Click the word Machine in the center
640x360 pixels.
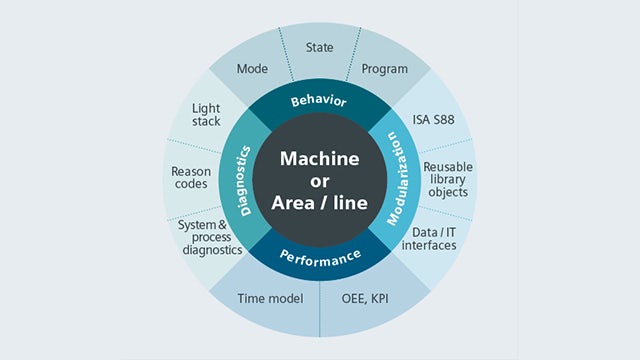pos(319,158)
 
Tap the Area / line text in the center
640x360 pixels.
pos(319,203)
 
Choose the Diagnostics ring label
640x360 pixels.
pos(244,181)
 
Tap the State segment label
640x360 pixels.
pos(320,46)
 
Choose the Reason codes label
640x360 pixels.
pos(191,178)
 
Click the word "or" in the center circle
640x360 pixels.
pos(319,181)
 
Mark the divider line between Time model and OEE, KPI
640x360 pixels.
pos(320,305)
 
